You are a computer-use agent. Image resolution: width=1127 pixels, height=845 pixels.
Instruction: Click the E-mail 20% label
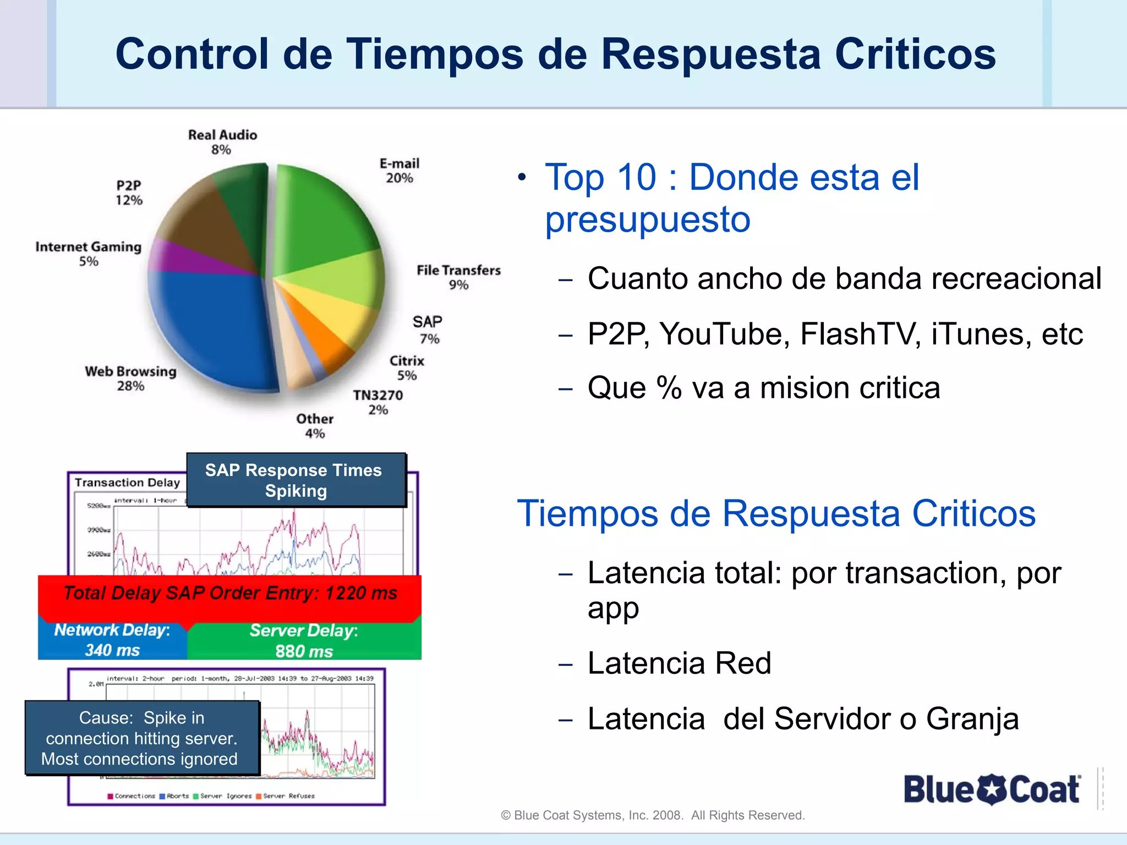(x=400, y=171)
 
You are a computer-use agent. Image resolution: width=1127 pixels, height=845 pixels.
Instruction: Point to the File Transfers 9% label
(x=458, y=277)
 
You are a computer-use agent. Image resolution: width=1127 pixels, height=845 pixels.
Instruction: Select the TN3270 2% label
(x=378, y=402)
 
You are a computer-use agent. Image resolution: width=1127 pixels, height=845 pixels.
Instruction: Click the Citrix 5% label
(x=407, y=368)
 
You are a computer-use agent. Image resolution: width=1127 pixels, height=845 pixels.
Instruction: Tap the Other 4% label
(x=315, y=426)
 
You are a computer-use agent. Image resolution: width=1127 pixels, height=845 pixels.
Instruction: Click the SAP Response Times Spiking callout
(x=296, y=480)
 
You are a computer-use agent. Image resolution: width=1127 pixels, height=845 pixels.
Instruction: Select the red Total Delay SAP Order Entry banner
(x=229, y=594)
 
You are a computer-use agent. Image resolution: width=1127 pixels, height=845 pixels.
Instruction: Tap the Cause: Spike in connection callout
(x=141, y=738)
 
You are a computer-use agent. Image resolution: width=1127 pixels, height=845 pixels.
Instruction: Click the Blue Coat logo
(x=992, y=789)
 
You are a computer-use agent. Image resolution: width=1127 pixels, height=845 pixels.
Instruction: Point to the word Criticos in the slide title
(x=915, y=54)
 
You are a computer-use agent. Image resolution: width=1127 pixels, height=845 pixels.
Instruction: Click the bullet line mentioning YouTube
(x=834, y=334)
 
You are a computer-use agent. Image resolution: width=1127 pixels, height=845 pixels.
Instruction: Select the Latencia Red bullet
(x=679, y=663)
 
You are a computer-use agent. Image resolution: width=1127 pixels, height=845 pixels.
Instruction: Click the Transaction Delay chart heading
(x=127, y=482)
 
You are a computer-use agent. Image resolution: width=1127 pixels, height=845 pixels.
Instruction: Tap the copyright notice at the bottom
(x=653, y=815)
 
